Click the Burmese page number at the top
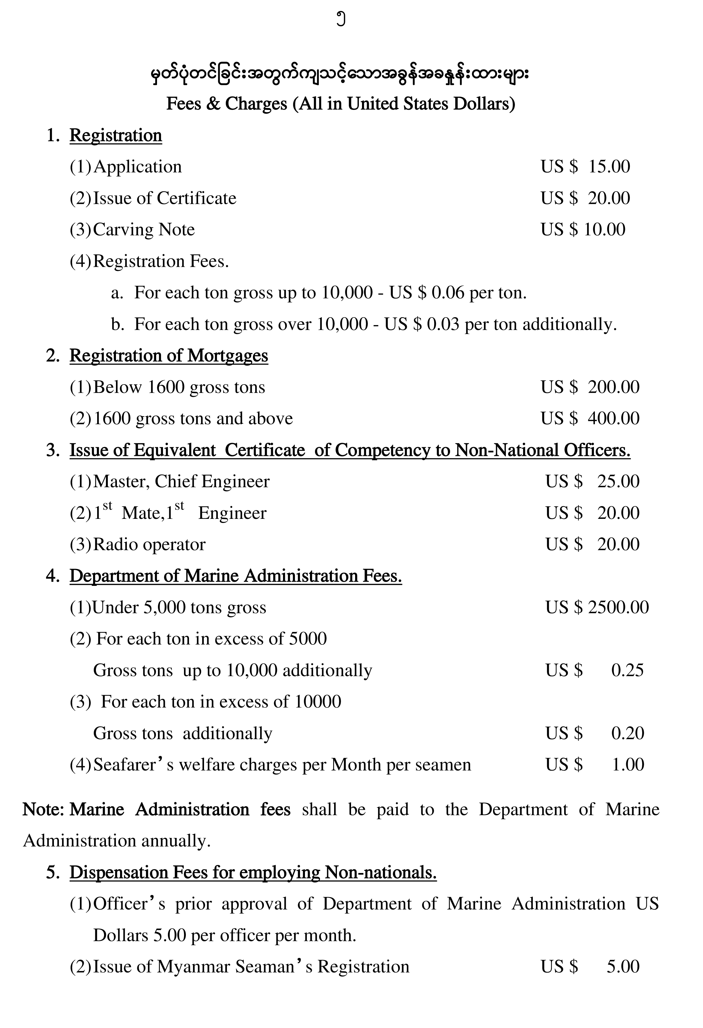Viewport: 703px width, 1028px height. [x=340, y=20]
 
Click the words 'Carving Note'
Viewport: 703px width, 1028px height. [x=144, y=230]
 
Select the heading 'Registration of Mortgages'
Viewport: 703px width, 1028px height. [x=169, y=356]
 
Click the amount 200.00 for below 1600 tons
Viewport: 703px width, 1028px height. [x=614, y=387]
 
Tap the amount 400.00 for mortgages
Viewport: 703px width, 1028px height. [x=614, y=418]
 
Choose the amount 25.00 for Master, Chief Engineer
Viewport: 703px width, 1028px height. [x=618, y=481]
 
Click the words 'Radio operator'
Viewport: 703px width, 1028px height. [x=149, y=545]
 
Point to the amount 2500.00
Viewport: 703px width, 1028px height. [x=618, y=607]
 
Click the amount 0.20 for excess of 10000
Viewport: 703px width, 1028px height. [x=627, y=733]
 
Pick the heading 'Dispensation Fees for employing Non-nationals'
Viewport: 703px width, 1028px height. [x=253, y=873]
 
